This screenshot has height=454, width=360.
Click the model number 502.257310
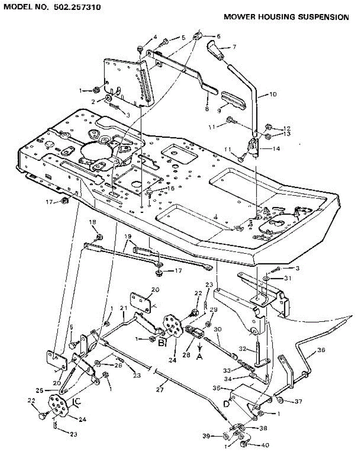click(76, 7)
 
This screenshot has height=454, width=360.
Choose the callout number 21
click(123, 309)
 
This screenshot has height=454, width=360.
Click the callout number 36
click(321, 350)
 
